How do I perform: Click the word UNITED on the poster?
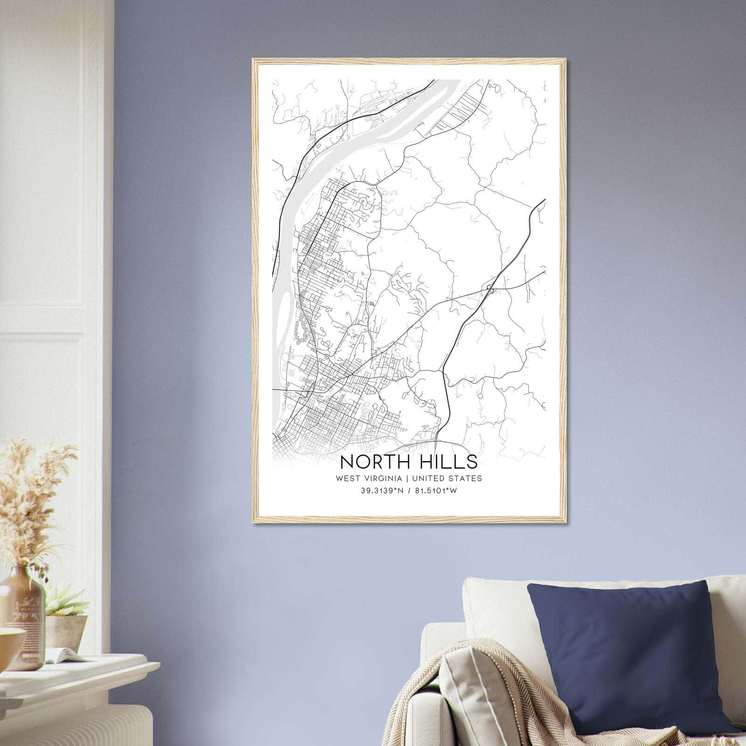[x=428, y=478]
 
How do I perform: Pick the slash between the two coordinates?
[x=408, y=491]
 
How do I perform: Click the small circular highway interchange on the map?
[x=490, y=288]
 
